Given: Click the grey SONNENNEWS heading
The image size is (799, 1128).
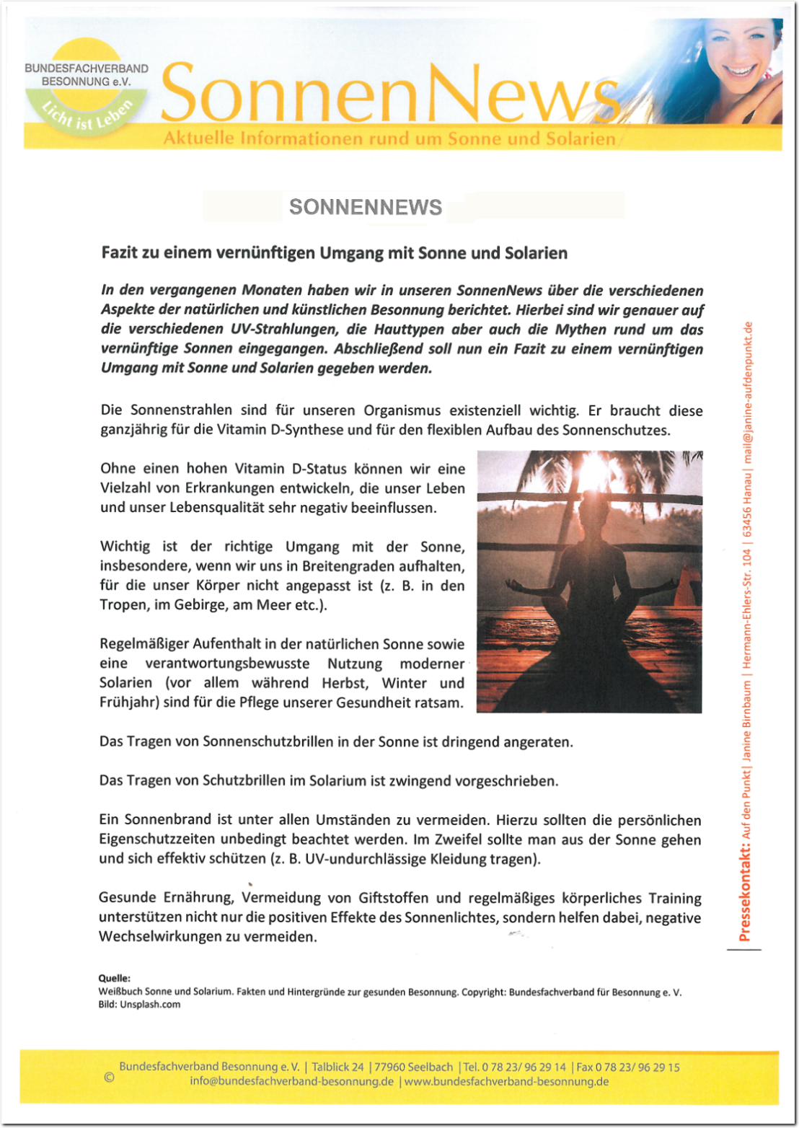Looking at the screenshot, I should [x=366, y=207].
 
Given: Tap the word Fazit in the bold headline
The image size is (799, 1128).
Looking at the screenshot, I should [x=119, y=253].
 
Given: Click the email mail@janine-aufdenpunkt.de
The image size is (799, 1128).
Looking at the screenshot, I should [x=748, y=392].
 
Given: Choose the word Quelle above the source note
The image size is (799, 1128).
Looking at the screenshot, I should [x=114, y=979].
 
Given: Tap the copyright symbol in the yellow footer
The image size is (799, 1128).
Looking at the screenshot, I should [x=109, y=1078].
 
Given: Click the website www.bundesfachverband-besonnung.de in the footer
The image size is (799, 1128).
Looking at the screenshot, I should [x=506, y=1082].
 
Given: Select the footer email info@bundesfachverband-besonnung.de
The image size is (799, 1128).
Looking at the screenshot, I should [x=291, y=1082].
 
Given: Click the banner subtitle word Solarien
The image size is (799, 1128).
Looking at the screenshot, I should [x=581, y=138].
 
